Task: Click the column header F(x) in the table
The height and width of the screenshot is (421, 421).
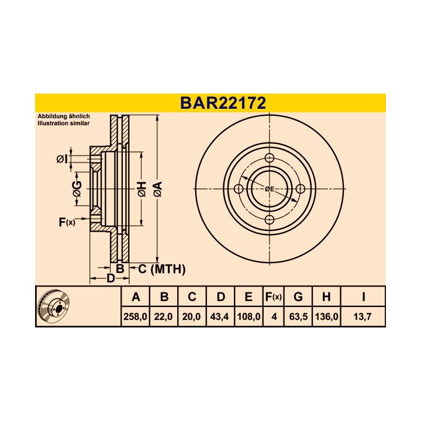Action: (273, 297)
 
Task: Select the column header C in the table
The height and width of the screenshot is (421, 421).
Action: (192, 297)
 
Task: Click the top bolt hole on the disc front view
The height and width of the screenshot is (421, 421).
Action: (270, 158)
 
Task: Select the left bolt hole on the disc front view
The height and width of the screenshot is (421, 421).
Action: (239, 189)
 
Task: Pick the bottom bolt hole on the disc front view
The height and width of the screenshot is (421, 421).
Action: (270, 220)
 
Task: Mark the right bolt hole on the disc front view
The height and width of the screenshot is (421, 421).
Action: (301, 189)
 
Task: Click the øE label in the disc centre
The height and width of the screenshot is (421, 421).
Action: (270, 189)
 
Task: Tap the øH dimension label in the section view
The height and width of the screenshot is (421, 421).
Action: (142, 189)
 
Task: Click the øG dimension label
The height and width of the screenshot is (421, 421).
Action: (77, 188)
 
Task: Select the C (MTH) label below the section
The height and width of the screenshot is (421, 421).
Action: (161, 269)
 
